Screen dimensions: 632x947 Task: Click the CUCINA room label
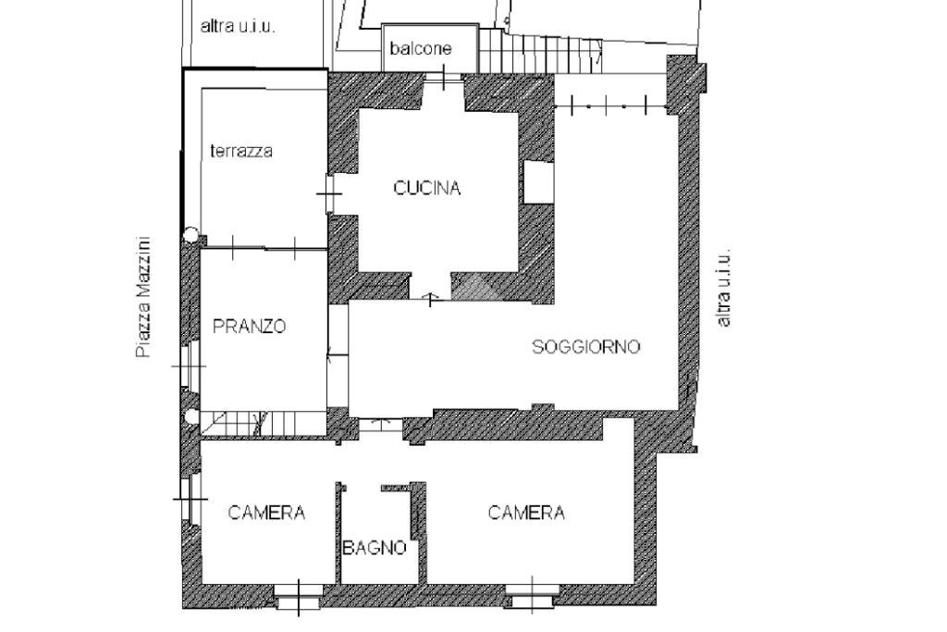[426, 188]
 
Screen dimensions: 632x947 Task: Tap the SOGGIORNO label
[585, 347]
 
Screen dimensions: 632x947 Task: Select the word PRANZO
[249, 327]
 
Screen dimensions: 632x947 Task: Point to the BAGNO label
[375, 548]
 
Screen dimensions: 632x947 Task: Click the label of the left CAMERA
[266, 513]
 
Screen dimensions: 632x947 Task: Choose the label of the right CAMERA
[526, 513]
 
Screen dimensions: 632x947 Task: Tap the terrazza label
[240, 151]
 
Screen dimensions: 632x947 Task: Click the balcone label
[421, 49]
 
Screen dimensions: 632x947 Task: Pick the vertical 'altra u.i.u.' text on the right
[724, 287]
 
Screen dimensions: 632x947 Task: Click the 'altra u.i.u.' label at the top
[238, 26]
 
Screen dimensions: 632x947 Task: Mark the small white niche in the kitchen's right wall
[537, 181]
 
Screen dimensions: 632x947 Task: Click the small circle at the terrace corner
[191, 235]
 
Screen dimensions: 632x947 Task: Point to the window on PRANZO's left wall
[189, 366]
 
